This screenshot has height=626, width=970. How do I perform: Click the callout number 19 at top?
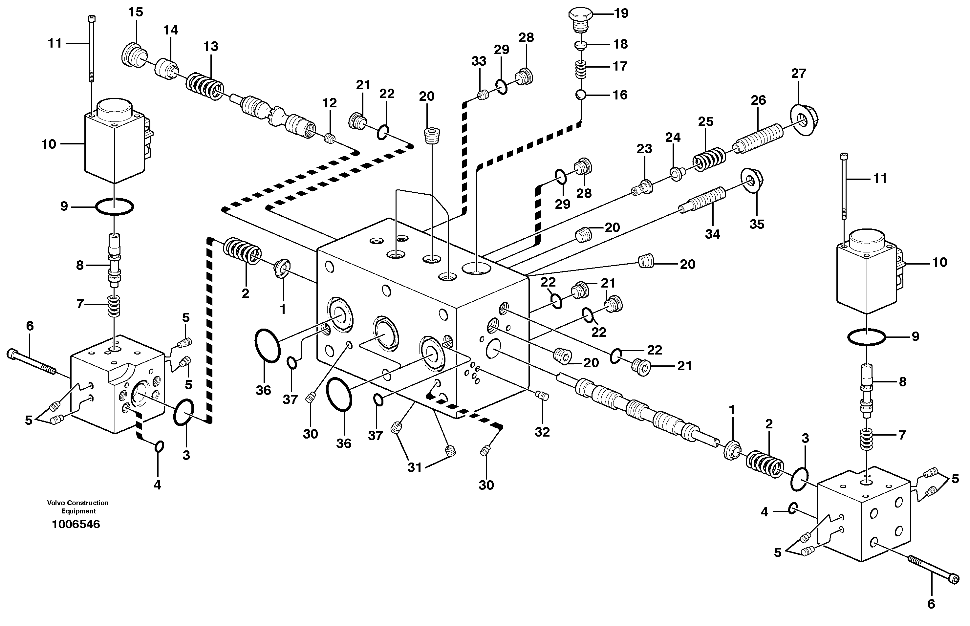[x=621, y=13]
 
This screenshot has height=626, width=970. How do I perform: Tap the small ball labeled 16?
[x=580, y=95]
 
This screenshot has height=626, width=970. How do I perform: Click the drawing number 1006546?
[x=76, y=524]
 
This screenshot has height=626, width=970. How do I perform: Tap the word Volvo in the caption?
[x=56, y=503]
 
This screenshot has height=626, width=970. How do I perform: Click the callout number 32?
[x=542, y=432]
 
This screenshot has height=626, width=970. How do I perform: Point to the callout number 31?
[x=415, y=468]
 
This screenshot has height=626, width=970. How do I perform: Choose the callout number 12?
[x=330, y=103]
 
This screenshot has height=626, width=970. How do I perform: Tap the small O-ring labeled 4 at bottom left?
[x=159, y=446]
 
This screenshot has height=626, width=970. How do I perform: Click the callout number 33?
[x=479, y=61]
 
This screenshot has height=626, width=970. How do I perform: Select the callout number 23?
[x=644, y=149]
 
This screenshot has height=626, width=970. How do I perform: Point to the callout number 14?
[x=171, y=30]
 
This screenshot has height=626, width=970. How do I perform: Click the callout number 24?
[x=673, y=138]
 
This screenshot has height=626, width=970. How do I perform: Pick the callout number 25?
[x=706, y=121]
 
